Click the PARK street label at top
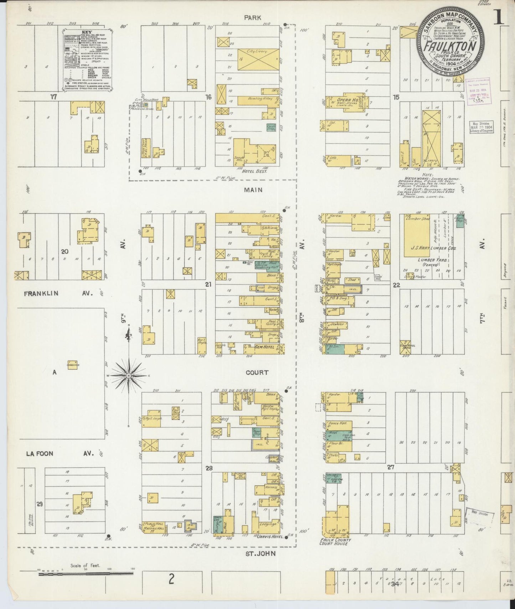[x=253, y=17]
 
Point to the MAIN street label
[x=253, y=190]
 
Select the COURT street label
[x=257, y=373]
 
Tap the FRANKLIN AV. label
[x=58, y=294]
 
